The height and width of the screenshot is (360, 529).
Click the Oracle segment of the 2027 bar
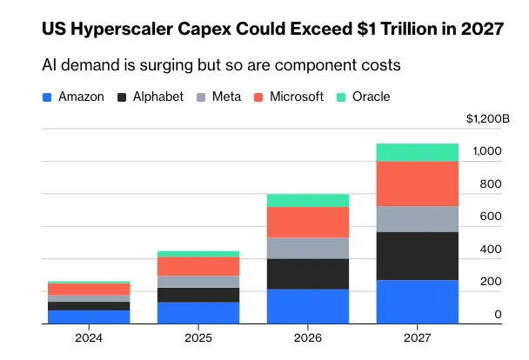point(418,153)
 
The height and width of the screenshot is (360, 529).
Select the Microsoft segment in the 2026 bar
point(308,223)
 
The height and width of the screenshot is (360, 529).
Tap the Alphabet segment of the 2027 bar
point(418,257)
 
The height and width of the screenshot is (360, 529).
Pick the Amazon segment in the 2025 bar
point(198,313)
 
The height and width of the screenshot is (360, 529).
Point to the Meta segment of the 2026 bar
point(308,249)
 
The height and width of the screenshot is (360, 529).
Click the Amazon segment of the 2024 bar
point(89,317)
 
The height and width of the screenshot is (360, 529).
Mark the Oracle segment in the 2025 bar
point(198,254)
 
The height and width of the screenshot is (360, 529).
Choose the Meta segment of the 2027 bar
point(418,219)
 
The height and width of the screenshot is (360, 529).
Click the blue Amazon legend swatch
point(47,97)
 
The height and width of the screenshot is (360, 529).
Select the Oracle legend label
point(372,97)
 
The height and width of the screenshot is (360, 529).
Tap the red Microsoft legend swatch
point(258,97)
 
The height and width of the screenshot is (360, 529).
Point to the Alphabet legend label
point(158,97)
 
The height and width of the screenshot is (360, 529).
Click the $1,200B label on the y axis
point(488,118)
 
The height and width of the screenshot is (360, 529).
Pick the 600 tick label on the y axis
point(491,216)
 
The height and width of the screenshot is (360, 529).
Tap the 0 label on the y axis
point(498,314)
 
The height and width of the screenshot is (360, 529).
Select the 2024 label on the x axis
point(89,337)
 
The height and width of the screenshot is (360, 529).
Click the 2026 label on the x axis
point(308,337)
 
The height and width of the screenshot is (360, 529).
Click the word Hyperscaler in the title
point(122,30)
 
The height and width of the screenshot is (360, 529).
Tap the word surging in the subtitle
point(166,65)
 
